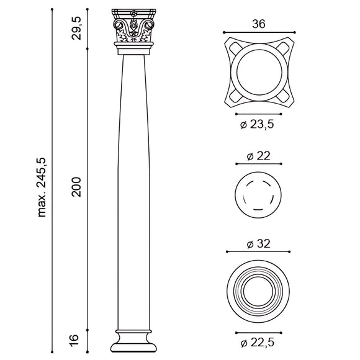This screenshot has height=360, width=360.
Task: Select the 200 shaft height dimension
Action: pos(76,187)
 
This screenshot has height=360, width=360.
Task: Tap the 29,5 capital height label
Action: pos(76,29)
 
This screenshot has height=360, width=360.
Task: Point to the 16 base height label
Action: pos(75,339)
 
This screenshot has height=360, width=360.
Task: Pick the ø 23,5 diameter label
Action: pos(258,125)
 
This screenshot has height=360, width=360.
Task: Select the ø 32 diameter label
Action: pos(258,244)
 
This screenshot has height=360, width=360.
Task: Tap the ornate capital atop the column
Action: pos(133,29)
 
